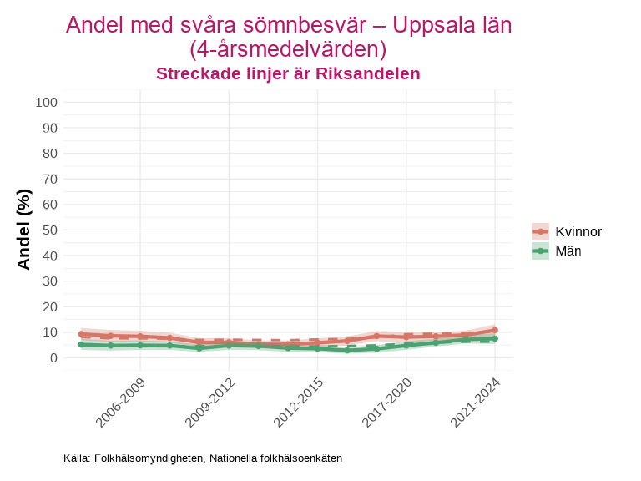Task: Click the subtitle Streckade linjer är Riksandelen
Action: click(x=288, y=73)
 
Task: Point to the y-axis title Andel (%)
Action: click(x=23, y=230)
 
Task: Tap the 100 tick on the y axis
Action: click(x=47, y=103)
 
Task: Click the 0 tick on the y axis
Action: click(x=53, y=357)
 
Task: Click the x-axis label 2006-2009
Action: click(x=122, y=402)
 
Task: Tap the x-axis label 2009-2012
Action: click(x=210, y=402)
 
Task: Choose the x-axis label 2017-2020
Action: click(x=388, y=402)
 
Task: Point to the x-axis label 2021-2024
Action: click(x=477, y=402)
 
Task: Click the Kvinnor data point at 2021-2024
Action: click(x=495, y=331)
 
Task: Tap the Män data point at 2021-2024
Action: click(x=495, y=338)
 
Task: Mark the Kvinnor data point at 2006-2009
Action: click(x=140, y=337)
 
